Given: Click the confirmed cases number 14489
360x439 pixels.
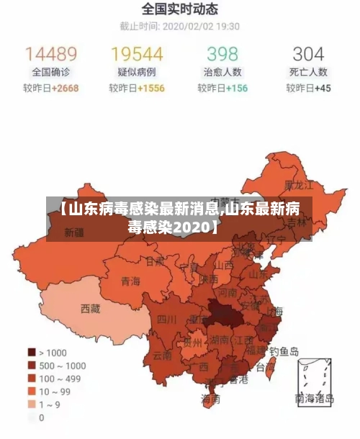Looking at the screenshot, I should click(x=51, y=54).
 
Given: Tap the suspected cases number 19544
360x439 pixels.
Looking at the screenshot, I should click(x=137, y=54).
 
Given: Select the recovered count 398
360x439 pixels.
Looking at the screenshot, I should click(x=222, y=54).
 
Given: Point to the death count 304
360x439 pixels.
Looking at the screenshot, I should click(x=308, y=54).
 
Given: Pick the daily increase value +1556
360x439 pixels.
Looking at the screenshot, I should click(x=150, y=89).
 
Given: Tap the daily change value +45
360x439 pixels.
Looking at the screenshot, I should click(x=322, y=89).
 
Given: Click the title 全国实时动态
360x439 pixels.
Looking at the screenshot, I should click(x=180, y=10).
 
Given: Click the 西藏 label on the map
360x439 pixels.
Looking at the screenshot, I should click(x=91, y=309).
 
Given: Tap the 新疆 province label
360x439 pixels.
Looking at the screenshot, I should click(x=74, y=232).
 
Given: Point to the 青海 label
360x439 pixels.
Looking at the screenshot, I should click(x=130, y=281).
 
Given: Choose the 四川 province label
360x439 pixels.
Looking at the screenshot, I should click(x=167, y=319).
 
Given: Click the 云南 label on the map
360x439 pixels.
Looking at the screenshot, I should click(x=162, y=355).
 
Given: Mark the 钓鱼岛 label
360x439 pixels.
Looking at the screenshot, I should click(x=284, y=352).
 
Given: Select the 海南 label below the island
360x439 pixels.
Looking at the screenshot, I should click(x=210, y=398).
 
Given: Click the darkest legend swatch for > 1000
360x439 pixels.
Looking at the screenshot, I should click(x=32, y=352).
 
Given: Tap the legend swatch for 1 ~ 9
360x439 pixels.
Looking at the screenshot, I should click(x=32, y=404).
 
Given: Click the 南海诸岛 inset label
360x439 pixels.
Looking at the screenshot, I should click(x=315, y=397).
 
